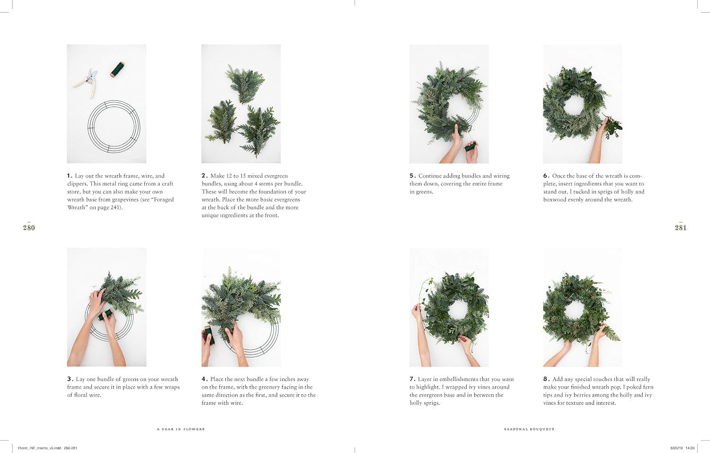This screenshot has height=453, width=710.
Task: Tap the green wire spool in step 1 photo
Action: (117, 70)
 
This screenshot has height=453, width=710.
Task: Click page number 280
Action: (29, 228)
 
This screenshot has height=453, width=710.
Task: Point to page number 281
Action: (681, 228)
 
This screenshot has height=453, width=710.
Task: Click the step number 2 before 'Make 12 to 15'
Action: (204, 176)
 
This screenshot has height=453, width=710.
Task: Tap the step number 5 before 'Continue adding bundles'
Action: (412, 176)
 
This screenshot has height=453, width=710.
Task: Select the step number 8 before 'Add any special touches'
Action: (546, 379)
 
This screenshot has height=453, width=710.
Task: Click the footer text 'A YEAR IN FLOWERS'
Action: (181, 429)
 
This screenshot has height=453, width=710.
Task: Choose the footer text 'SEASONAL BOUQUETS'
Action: (529, 429)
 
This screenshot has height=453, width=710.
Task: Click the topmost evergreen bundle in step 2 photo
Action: (244, 83)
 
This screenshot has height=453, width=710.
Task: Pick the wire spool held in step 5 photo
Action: (470, 146)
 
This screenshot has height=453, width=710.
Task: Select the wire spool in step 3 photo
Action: (106, 314)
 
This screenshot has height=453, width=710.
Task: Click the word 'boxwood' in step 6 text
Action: (554, 200)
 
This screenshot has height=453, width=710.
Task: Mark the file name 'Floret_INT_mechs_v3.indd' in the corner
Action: (40, 448)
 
